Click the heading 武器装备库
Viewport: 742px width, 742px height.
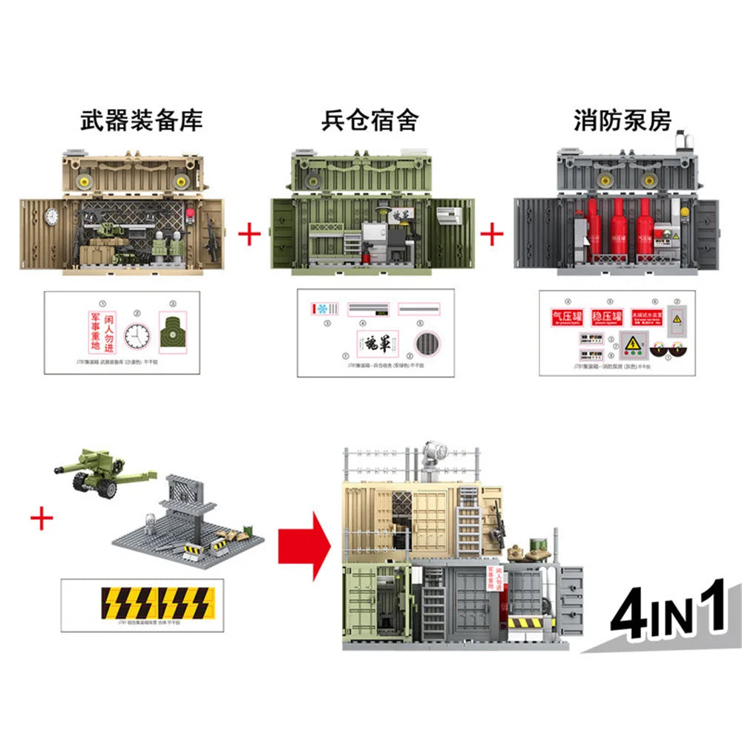click(141, 120)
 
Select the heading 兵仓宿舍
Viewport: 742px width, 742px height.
click(370, 120)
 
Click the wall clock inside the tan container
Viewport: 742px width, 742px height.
click(52, 216)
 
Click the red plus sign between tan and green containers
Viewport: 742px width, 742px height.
click(249, 235)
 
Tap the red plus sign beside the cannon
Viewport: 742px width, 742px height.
click(42, 518)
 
